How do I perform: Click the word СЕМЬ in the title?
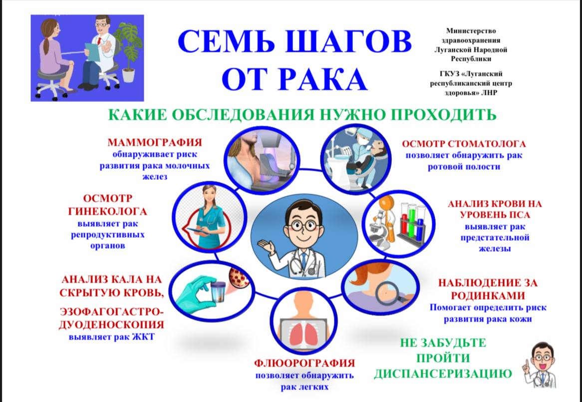coord(227,42)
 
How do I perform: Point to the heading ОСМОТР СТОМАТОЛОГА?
coord(464,144)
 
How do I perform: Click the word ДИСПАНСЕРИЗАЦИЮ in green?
coord(443,374)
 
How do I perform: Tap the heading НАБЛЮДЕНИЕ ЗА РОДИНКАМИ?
coord(488,289)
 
